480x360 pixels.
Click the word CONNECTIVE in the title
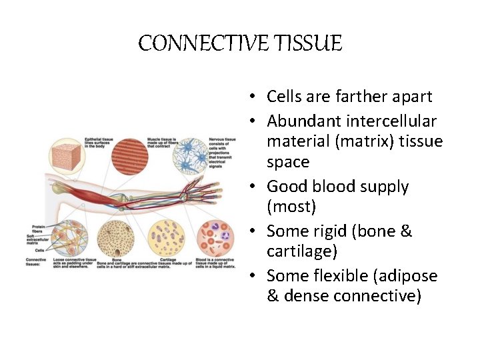point(193,44)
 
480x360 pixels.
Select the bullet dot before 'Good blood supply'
point(255,187)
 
